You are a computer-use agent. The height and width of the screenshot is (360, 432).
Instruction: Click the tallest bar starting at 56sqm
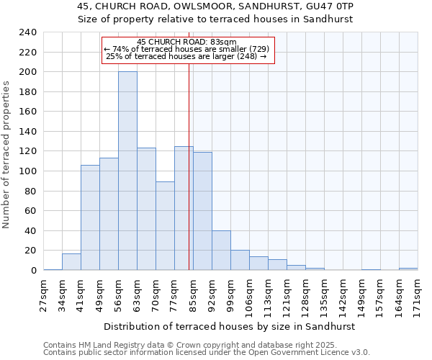point(127,171)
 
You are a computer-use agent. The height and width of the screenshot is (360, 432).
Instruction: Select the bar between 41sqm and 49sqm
point(90,217)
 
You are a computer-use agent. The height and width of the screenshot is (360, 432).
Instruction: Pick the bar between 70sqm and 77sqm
point(165,226)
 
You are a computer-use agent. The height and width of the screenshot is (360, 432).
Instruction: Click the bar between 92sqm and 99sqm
point(221,251)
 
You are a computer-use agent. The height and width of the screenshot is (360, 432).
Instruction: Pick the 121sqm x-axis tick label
point(287,294)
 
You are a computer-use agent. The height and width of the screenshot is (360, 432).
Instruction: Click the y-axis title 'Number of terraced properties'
point(7,154)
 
